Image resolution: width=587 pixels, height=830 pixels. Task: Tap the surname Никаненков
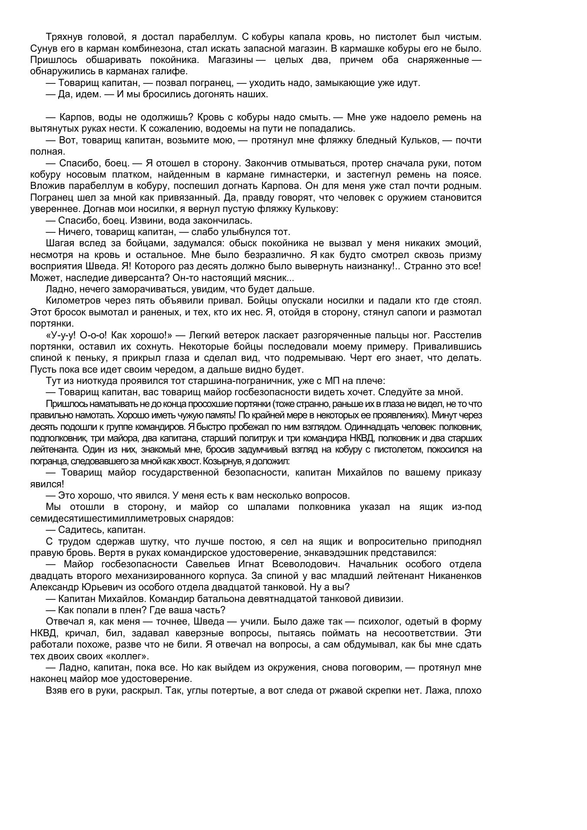point(455,575)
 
